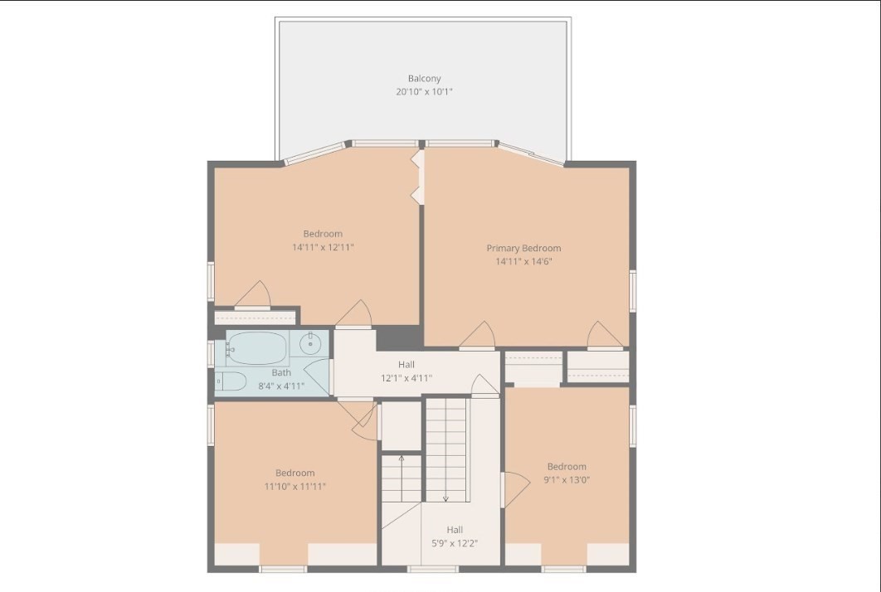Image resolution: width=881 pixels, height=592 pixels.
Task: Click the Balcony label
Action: coord(424,79)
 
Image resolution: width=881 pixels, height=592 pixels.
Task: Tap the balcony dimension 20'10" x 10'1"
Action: coord(424,91)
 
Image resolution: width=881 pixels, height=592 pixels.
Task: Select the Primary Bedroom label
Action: coord(523,248)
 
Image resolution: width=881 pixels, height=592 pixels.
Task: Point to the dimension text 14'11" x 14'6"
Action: coord(523,261)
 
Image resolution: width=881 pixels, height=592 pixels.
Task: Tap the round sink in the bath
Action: coord(309,342)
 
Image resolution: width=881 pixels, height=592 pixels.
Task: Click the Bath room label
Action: coord(281,372)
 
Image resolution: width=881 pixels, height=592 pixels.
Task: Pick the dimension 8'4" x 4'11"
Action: coord(281,386)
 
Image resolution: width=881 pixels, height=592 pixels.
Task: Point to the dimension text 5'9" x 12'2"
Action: coord(455,543)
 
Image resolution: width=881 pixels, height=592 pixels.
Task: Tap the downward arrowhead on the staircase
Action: coord(445,498)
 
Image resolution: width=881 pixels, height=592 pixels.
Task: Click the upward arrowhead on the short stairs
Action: coord(402,459)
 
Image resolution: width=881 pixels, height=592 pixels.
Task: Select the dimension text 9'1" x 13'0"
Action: coord(567,480)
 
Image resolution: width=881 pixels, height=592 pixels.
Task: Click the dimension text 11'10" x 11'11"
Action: coord(295,487)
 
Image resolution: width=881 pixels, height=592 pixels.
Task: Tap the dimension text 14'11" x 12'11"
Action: coord(323,247)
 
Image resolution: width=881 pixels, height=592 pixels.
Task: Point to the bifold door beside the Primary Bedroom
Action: coord(417,177)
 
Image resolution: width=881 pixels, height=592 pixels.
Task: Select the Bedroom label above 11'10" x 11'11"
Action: coord(295,473)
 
